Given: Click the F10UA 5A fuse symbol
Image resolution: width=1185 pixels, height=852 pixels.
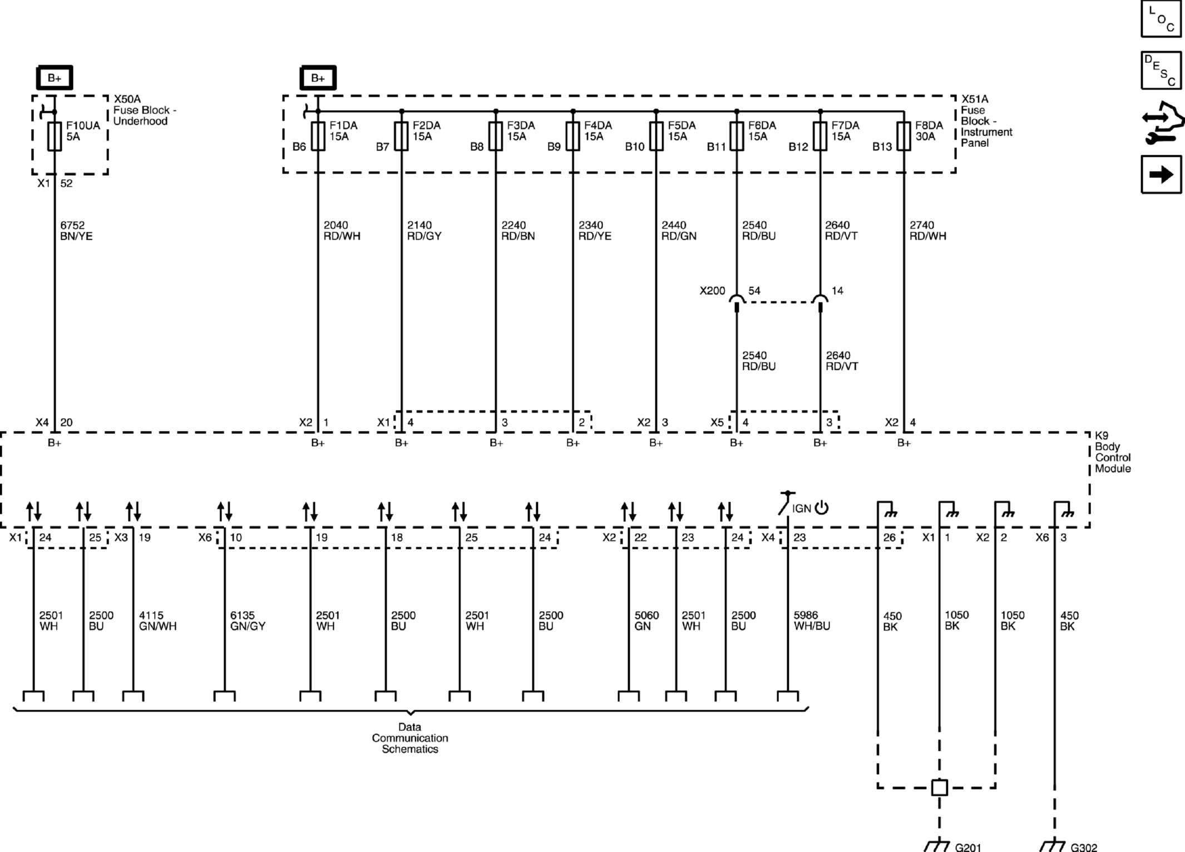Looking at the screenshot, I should click(x=55, y=136).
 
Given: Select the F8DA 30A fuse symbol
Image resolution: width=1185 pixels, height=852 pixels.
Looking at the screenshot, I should click(x=903, y=136).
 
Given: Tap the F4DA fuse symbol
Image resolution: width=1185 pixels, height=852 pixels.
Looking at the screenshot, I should click(x=573, y=136).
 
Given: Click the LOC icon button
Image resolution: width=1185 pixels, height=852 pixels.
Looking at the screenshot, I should click(x=1161, y=19).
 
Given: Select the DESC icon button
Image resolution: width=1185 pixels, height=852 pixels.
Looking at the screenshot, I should click(x=1161, y=70).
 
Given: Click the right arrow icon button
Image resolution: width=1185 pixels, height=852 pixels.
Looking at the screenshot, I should click(x=1161, y=175).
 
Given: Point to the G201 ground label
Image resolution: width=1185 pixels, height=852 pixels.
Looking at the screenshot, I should click(x=968, y=847).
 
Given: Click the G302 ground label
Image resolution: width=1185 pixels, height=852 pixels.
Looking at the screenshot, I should click(x=1084, y=847).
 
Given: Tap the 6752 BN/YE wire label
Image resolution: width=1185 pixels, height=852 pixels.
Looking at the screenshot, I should click(x=76, y=231).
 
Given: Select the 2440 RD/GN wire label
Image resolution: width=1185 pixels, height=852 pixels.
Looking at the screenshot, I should click(x=679, y=231).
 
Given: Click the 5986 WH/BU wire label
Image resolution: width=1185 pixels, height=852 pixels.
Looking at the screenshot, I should click(x=812, y=621).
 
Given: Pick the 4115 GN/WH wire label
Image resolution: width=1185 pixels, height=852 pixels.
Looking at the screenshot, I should click(x=157, y=621).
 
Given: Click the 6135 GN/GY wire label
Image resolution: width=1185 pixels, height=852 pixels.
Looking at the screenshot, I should click(x=248, y=621).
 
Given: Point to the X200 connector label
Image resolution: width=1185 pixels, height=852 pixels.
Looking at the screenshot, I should click(x=712, y=291).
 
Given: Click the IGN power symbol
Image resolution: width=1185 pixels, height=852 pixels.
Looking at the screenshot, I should click(x=821, y=508).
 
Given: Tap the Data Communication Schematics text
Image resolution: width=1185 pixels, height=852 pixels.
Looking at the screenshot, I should click(x=410, y=738).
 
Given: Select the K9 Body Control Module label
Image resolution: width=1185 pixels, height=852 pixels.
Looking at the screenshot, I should click(x=1113, y=452).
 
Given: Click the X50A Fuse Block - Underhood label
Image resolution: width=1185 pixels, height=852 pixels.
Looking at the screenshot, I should click(x=145, y=110).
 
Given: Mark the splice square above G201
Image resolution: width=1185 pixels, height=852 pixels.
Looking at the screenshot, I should click(x=939, y=787).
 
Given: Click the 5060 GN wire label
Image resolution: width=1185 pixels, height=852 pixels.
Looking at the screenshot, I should click(x=646, y=621).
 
